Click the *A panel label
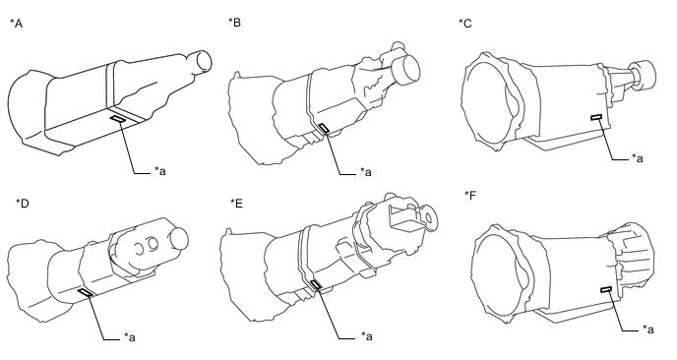coord(17,24)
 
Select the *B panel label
coord(234,23)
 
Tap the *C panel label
coord(465,24)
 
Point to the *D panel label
coord(22,203)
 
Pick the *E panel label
coord(236,203)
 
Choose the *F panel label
coord(470,195)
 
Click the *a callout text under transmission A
coord(160,171)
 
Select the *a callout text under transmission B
coord(366,172)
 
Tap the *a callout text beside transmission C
coord(638,158)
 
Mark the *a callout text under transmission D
coord(130,337)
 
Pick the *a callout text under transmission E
coord(367,336)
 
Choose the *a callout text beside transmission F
coord(648,330)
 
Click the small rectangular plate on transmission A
coord(117,120)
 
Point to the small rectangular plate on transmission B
coord(324,127)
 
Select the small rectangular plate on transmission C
coord(597,117)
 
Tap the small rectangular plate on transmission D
coord(86,293)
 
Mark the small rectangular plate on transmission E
coord(316,284)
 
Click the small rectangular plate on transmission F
coord(606,289)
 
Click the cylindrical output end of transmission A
coord(201,61)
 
